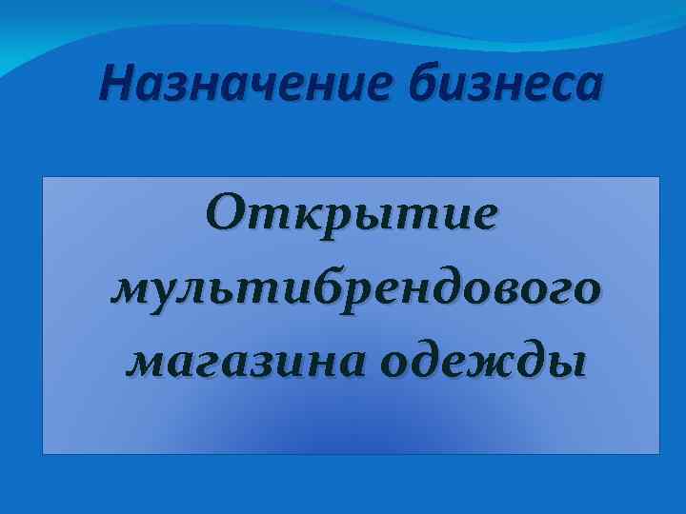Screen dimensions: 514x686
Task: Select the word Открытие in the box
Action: [352, 214]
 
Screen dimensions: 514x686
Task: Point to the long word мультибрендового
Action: [355, 287]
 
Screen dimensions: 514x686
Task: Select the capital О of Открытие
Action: [228, 213]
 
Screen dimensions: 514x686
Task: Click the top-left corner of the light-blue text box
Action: [43, 176]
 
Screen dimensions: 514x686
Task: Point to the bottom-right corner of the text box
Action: [659, 453]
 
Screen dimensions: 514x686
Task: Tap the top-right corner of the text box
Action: [659, 176]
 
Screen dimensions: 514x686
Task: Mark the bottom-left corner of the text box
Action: [43, 453]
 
